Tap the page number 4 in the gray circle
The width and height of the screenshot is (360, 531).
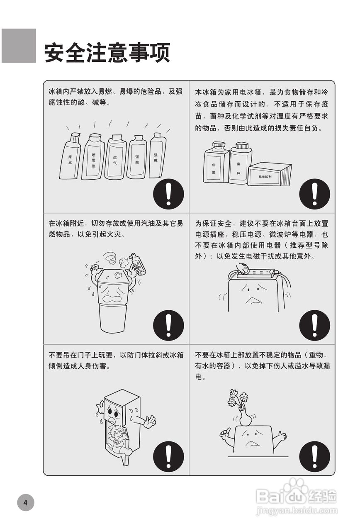26,503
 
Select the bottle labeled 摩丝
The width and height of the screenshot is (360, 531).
70,157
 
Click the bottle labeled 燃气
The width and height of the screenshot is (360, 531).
115,158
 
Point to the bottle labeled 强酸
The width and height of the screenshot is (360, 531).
137,158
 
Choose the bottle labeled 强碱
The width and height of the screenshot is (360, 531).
157,156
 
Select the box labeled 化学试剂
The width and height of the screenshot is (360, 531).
269,174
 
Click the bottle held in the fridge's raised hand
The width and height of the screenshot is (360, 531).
139,264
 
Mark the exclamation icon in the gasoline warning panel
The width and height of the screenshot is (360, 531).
168,326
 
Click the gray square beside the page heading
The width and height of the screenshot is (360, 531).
19,46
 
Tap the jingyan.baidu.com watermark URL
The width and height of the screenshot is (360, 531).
297,511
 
